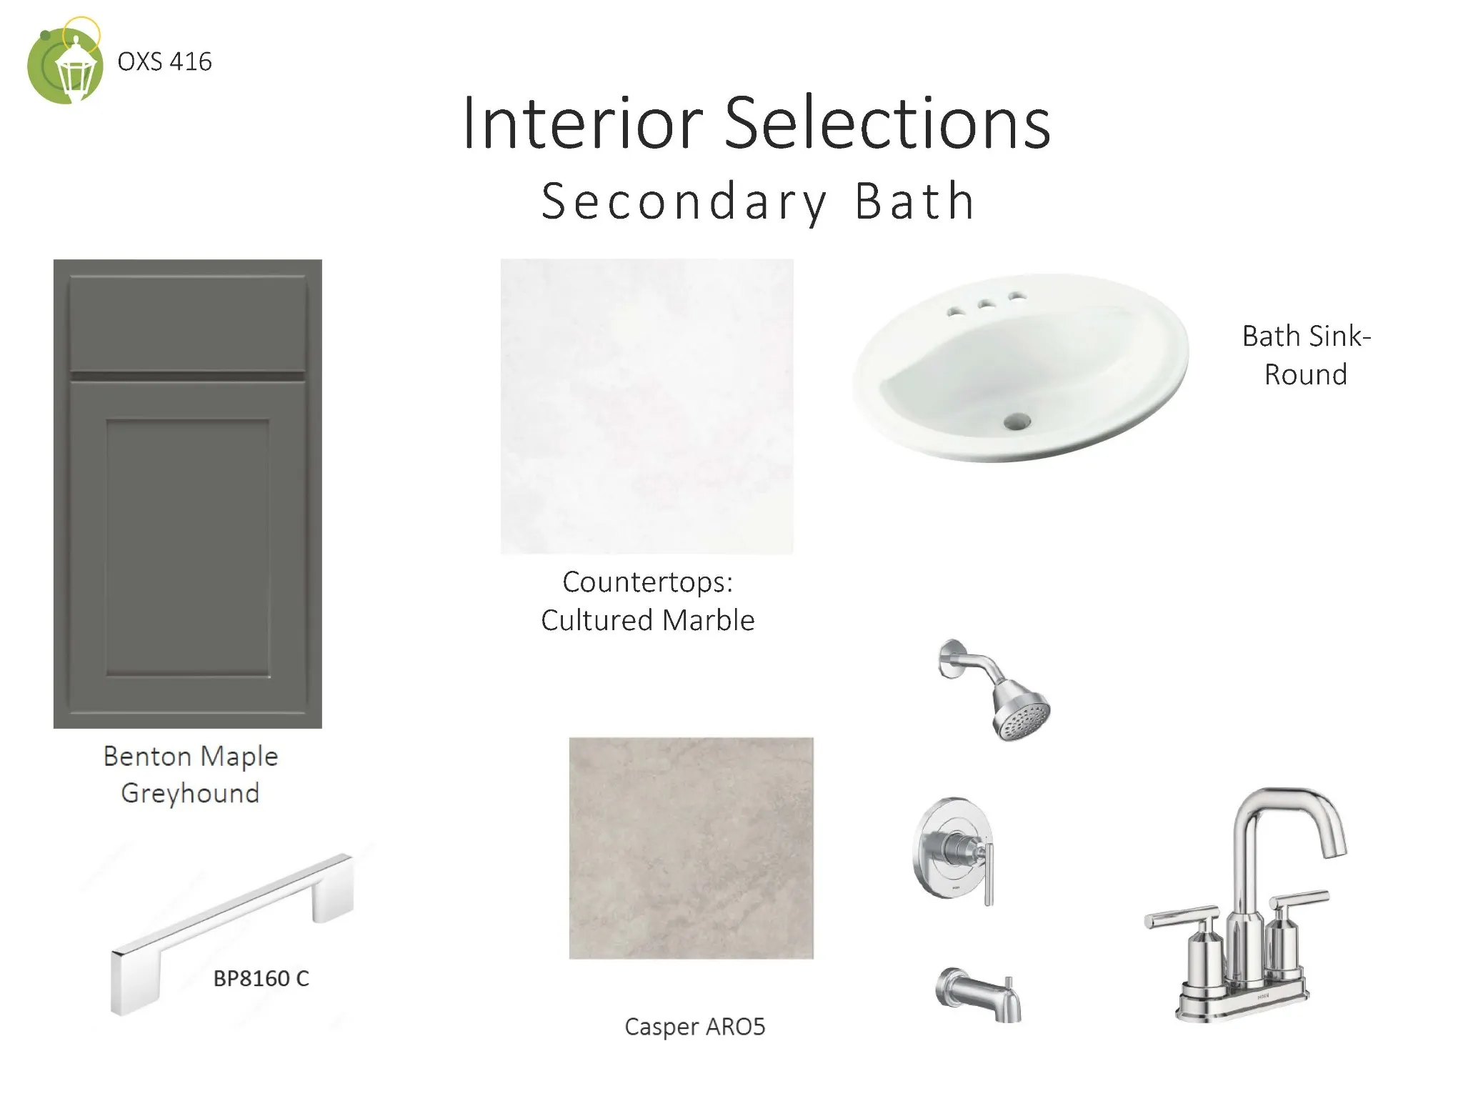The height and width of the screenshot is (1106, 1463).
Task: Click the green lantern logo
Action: point(64,63)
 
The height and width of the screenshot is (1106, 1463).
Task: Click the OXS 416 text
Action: point(164,62)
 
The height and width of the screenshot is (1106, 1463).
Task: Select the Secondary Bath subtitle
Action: point(758,201)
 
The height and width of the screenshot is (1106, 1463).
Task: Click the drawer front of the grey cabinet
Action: point(187,323)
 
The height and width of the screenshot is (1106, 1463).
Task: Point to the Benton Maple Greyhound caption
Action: point(190,774)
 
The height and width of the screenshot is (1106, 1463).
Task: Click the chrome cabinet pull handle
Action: point(232,933)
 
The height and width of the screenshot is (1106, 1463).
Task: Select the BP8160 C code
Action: point(261,978)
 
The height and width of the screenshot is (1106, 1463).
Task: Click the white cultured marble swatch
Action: point(646,406)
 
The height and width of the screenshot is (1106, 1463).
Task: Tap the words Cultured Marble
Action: point(647,620)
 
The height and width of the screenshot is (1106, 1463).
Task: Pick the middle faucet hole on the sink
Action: point(987,305)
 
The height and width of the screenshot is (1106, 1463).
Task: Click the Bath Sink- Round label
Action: point(1306,355)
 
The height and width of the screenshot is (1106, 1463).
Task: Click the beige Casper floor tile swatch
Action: point(691,848)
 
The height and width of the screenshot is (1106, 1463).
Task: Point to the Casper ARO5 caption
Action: point(694,1027)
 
